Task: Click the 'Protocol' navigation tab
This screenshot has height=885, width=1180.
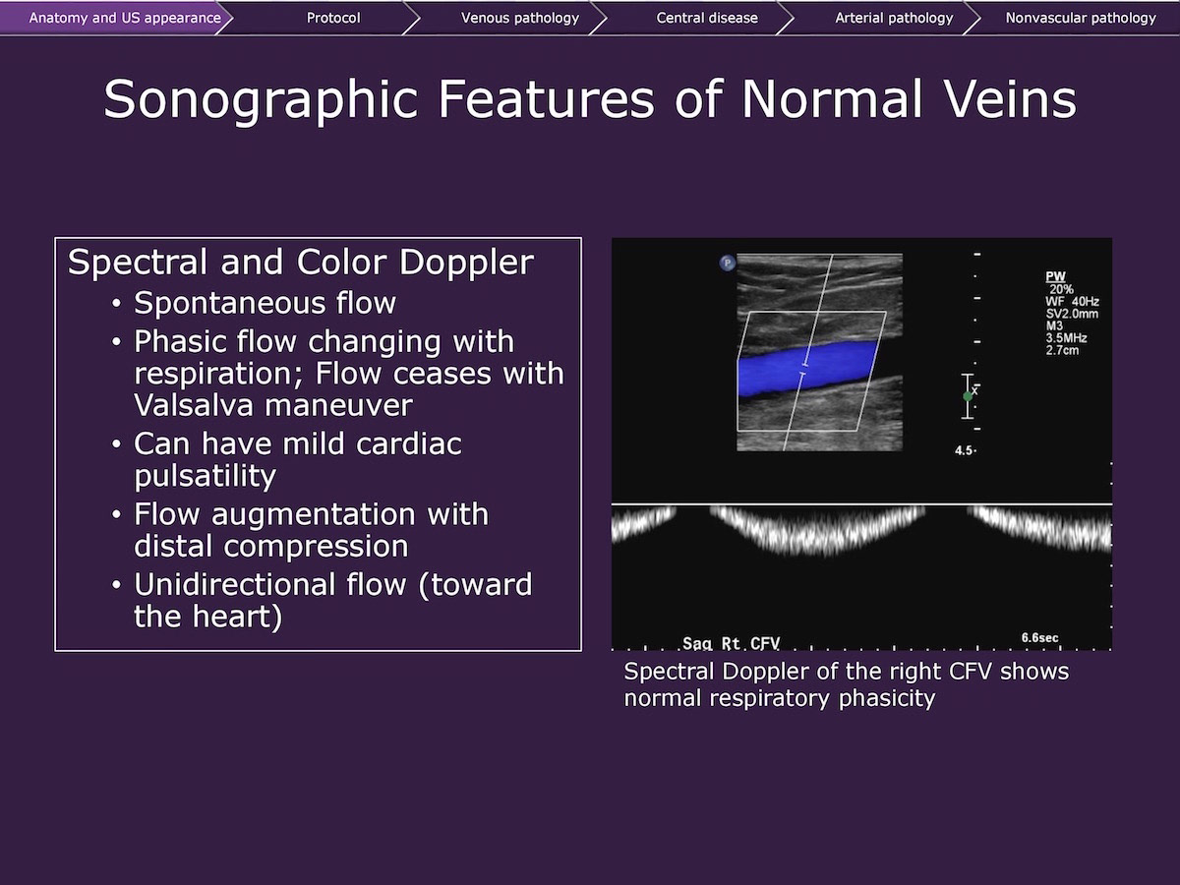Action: (x=333, y=19)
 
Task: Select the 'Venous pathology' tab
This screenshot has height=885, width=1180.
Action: (x=520, y=19)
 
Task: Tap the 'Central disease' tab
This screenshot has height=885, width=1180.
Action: (x=707, y=19)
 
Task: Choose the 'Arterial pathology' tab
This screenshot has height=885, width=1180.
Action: (x=894, y=19)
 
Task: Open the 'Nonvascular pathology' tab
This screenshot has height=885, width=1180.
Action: (x=1081, y=19)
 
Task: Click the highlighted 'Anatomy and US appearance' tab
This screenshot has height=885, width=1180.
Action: (x=125, y=19)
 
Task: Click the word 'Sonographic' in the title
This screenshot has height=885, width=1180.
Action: (x=261, y=100)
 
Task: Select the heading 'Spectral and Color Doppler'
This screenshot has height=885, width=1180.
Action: (x=301, y=263)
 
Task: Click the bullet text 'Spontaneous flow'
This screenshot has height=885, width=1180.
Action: (x=265, y=303)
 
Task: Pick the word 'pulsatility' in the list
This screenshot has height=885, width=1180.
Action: (x=205, y=476)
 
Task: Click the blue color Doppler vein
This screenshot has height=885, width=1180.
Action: (x=806, y=368)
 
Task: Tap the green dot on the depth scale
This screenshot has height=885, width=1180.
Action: (x=968, y=396)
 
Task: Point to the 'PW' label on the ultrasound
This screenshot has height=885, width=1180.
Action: (x=1055, y=276)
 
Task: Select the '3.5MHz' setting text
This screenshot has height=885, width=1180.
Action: (x=1066, y=338)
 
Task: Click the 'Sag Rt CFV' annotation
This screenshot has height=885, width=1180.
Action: (x=731, y=643)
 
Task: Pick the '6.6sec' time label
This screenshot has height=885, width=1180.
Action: (x=1039, y=638)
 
